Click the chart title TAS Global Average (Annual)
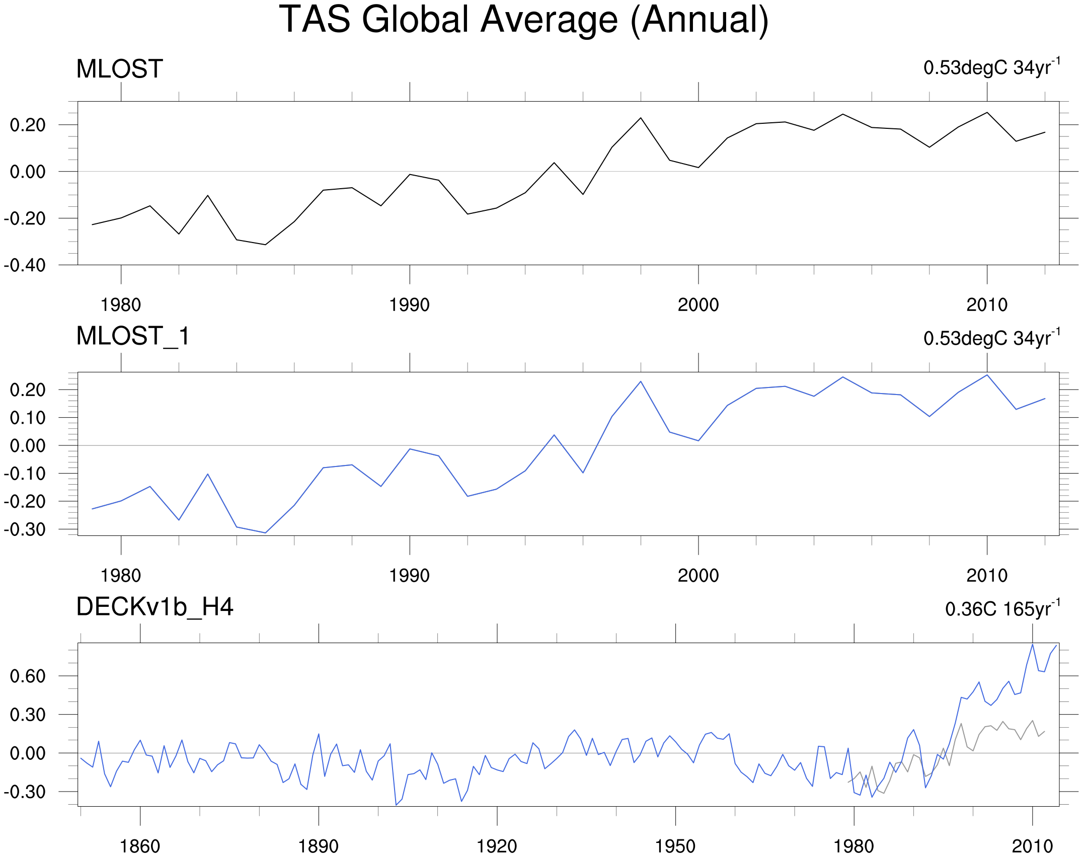point(524,20)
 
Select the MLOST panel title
point(120,69)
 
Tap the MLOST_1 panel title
point(133,336)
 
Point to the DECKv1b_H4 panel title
point(155,607)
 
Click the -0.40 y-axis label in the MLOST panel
point(24,265)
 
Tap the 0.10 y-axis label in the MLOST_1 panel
point(28,418)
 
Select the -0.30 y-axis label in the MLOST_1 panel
point(24,529)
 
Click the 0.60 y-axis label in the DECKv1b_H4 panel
point(28,676)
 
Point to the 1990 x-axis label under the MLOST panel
point(409,305)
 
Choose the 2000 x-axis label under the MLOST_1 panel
point(698,576)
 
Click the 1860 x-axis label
point(140,846)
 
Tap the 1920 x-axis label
point(497,846)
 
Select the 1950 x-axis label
point(675,846)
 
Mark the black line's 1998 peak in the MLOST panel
point(641,118)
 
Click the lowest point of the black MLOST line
point(265,245)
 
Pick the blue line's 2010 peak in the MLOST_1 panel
point(987,375)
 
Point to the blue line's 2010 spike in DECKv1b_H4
point(1032,645)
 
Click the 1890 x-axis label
point(318,846)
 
